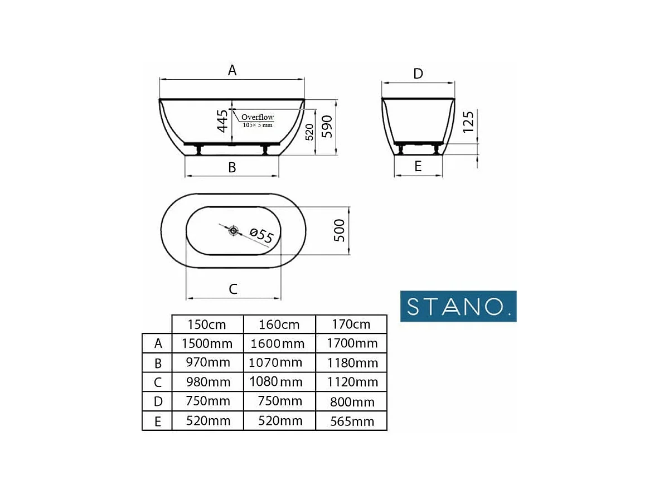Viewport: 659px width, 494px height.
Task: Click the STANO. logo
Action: (458, 306)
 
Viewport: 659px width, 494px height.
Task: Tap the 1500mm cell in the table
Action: (207, 343)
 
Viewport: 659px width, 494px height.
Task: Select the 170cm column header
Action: (351, 325)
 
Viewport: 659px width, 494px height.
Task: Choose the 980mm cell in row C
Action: (207, 382)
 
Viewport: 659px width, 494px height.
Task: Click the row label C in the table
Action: (158, 382)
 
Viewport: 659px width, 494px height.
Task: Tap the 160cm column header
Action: (279, 325)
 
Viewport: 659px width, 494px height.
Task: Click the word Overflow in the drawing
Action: (258, 117)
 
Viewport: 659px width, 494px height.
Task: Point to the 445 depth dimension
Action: (222, 121)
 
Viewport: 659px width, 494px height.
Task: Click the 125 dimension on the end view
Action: (468, 122)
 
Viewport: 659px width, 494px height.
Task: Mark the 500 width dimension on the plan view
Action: (339, 230)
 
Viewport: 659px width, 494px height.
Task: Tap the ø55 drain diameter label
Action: (261, 236)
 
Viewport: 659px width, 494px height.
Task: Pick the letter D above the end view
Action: (418, 74)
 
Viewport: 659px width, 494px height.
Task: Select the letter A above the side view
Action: (232, 70)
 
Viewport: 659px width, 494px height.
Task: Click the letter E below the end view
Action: (418, 166)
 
